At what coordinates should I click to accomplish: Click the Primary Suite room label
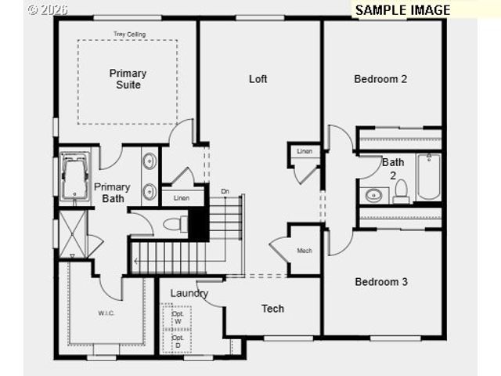[128, 78]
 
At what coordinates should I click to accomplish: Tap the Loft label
[258, 78]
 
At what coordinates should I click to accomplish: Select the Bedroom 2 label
[380, 78]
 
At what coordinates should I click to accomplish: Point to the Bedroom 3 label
[381, 282]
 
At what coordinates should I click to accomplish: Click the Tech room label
[272, 309]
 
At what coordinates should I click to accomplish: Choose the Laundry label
[189, 293]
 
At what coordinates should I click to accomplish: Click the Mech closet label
[305, 251]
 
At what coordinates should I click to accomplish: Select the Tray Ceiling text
[129, 34]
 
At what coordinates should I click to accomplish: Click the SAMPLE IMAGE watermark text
[402, 10]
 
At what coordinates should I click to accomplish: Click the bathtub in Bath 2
[428, 177]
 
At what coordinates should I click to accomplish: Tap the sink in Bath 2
[373, 194]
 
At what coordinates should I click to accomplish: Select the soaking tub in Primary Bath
[74, 177]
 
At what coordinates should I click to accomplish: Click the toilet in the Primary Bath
[173, 225]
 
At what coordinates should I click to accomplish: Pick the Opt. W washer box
[178, 318]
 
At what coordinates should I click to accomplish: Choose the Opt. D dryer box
[178, 342]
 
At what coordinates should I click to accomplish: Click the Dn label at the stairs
[225, 191]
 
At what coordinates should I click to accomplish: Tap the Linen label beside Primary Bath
[182, 198]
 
